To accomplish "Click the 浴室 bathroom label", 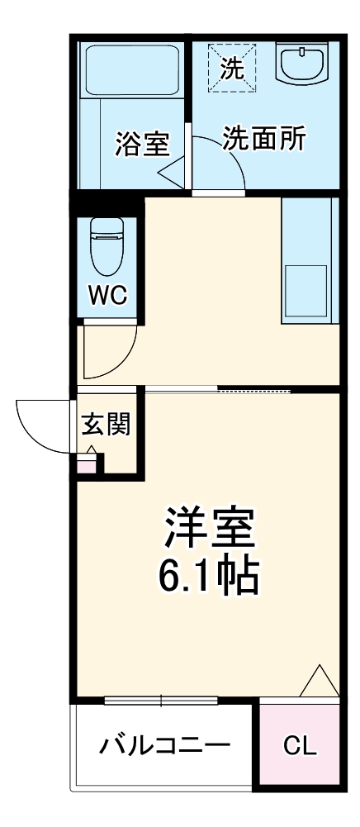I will tap(142, 144).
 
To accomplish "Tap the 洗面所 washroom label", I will tap(264, 139).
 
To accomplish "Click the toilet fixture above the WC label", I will tap(105, 245).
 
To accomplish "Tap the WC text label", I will tap(107, 296).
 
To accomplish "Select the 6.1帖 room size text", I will tap(208, 576).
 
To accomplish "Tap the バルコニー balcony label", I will tap(164, 746).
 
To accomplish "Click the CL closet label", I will tap(299, 746).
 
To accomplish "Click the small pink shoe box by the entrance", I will tap(87, 463).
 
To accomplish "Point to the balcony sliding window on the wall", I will tap(161, 701).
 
